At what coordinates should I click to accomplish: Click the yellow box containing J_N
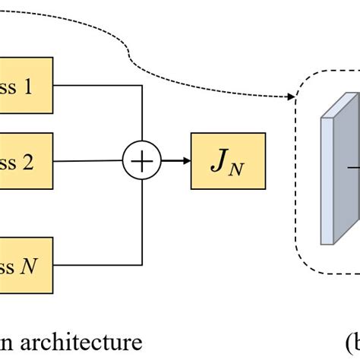click(x=229, y=161)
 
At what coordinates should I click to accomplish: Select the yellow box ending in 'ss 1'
click(x=26, y=86)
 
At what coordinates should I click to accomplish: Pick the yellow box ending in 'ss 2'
click(x=26, y=161)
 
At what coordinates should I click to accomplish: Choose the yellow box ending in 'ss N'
click(x=26, y=265)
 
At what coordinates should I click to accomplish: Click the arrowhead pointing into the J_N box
click(x=187, y=161)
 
